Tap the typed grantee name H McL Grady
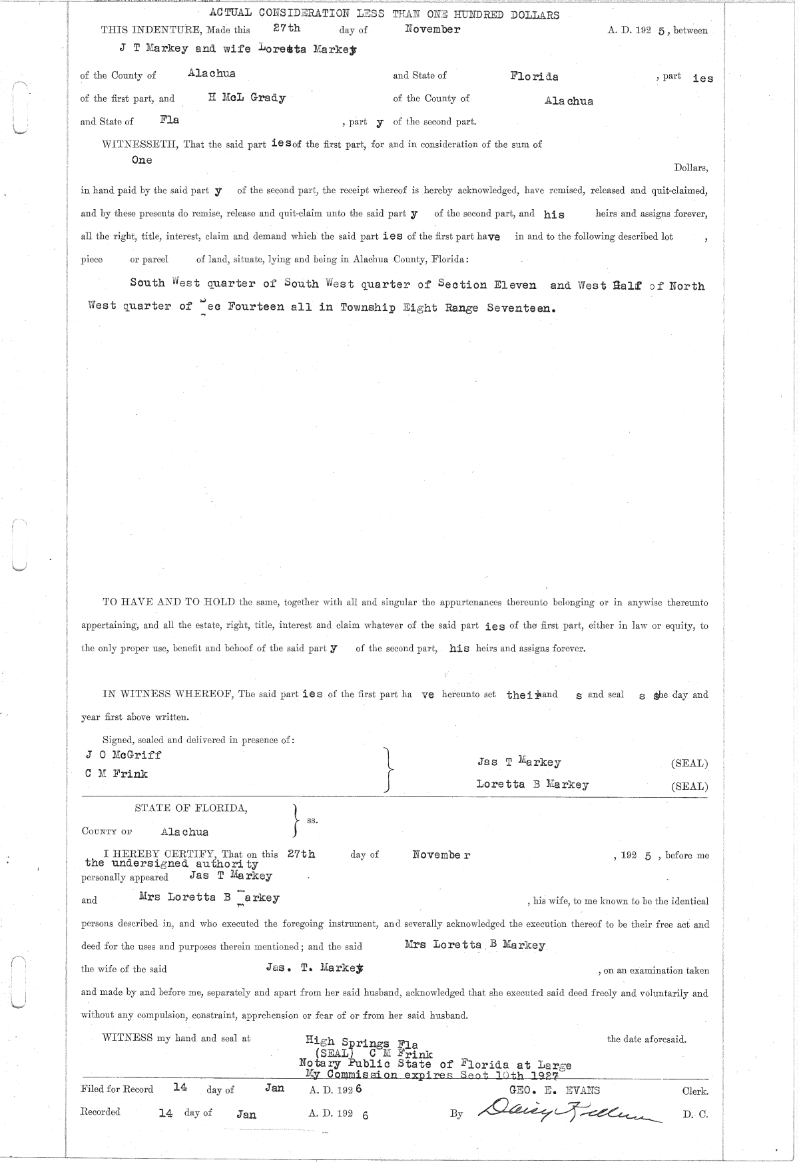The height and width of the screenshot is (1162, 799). pyautogui.click(x=247, y=98)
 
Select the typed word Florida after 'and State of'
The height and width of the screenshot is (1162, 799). pyautogui.click(x=534, y=76)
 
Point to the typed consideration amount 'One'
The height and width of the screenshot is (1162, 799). pyautogui.click(x=142, y=160)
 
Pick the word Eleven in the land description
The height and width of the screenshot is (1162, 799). pyautogui.click(x=515, y=285)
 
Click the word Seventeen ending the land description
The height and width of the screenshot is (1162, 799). pyautogui.click(x=521, y=308)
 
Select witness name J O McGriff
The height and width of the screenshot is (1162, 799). pyautogui.click(x=123, y=754)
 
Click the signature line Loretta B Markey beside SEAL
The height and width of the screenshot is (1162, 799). pyautogui.click(x=532, y=784)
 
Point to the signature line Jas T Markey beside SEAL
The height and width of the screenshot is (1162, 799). pyautogui.click(x=519, y=762)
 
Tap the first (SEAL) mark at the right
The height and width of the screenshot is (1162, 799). pyautogui.click(x=689, y=763)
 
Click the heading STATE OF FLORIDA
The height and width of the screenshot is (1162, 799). pyautogui.click(x=191, y=808)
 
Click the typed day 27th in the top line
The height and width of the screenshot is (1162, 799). pyautogui.click(x=287, y=29)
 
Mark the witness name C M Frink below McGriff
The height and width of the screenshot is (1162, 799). pyautogui.click(x=117, y=774)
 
